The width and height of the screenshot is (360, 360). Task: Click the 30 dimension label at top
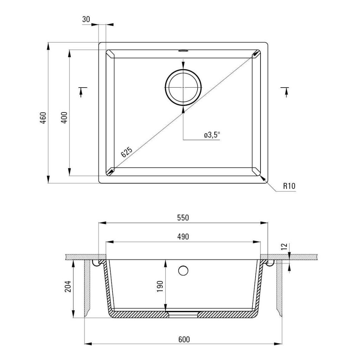pos(86,19)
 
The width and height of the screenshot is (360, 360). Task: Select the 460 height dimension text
pos(43,118)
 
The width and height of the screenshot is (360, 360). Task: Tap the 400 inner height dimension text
pos(64,117)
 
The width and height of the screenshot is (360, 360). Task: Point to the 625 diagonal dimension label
pos(127,152)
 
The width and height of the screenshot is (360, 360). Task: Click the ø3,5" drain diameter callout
pos(212,135)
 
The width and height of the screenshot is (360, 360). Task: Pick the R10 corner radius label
pos(289,186)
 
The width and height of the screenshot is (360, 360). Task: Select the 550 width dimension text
pos(183,217)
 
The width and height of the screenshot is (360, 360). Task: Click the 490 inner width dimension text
pos(183,237)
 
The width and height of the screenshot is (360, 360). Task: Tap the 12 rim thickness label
pos(284,246)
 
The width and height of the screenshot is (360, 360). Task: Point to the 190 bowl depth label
pos(160,286)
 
